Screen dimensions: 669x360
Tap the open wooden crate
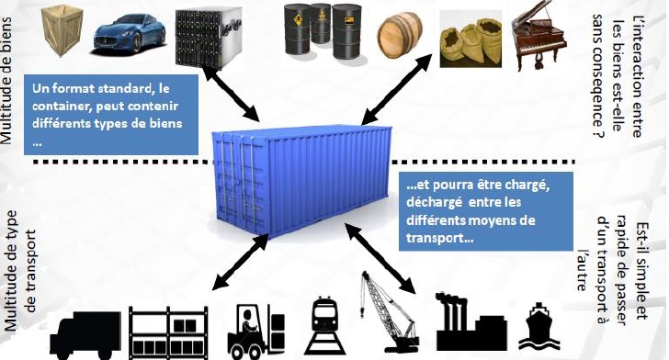pyautogui.click(x=62, y=30)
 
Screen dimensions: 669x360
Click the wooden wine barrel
pyautogui.click(x=400, y=35)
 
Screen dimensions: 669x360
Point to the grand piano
pyautogui.click(x=539, y=36)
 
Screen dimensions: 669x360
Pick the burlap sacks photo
pyautogui.click(x=471, y=39)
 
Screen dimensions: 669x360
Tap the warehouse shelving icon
pyautogui.click(x=168, y=332)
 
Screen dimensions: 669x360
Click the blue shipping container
pyautogui.click(x=302, y=180)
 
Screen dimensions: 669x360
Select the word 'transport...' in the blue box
pyautogui.click(x=440, y=238)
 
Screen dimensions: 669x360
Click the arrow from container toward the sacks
pyautogui.click(x=397, y=89)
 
